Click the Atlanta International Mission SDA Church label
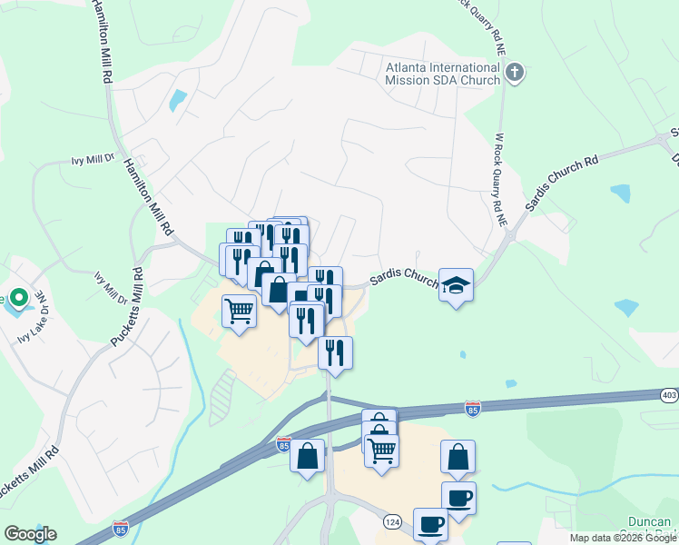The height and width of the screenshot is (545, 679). click(442, 74)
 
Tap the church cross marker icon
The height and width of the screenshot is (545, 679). click(515, 73)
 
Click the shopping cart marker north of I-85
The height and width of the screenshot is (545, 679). click(239, 311)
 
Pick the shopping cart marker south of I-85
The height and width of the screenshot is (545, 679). click(382, 449)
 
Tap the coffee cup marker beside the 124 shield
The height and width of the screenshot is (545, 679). click(430, 524)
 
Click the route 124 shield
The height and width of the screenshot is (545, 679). click(392, 521)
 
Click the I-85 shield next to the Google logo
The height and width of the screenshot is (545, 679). click(121, 528)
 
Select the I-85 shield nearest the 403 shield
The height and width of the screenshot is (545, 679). click(472, 410)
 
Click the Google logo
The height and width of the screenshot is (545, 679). click(30, 534)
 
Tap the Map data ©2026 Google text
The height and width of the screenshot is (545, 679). click(622, 538)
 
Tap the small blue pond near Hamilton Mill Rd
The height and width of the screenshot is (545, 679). click(178, 99)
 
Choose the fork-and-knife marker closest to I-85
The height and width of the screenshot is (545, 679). click(335, 352)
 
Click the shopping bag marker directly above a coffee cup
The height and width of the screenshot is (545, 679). click(458, 457)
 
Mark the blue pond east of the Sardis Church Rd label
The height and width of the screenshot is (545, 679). click(621, 193)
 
